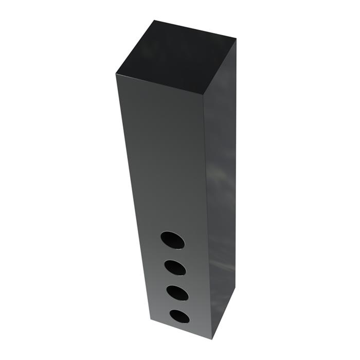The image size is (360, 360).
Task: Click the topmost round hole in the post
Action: click(x=172, y=240)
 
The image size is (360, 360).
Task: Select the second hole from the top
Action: click(x=175, y=267)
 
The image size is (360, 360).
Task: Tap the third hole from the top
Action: click(x=177, y=292)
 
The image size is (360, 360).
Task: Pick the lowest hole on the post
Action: click(x=179, y=316)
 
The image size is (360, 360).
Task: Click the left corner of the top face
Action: click(x=116, y=74)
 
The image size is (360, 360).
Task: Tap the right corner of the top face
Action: click(x=236, y=40)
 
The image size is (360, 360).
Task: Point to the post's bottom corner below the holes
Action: click(x=211, y=339)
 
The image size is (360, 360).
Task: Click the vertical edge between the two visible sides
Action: click(x=208, y=216)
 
